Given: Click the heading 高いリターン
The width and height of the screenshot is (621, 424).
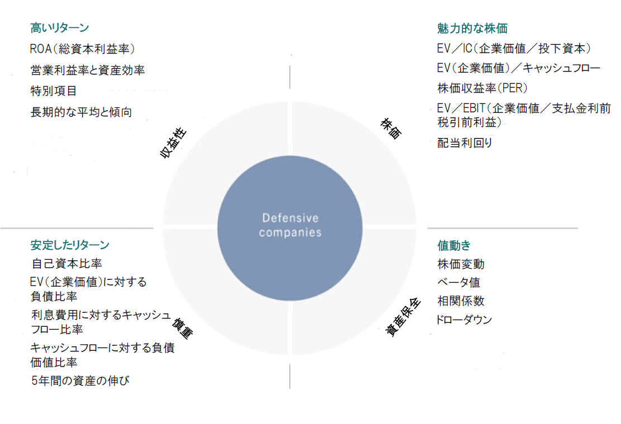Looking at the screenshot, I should click(x=60, y=27).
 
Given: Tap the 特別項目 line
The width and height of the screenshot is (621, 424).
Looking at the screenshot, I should click(x=54, y=90).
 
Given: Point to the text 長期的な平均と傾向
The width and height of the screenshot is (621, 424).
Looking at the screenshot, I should click(x=81, y=112).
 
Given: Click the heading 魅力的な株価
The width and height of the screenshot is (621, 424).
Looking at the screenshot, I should click(x=472, y=28).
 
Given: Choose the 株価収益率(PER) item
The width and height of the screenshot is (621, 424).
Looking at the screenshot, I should click(x=482, y=88).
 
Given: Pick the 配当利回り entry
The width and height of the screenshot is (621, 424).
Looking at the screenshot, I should click(x=465, y=142).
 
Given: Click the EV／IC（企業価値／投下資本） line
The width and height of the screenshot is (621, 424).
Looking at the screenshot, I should click(x=514, y=49).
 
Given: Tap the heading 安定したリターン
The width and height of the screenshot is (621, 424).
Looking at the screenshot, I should click(x=70, y=245).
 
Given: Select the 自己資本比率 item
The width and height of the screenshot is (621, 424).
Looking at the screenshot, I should click(x=66, y=263).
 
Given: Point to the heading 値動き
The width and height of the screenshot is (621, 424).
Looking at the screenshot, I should click(x=454, y=245).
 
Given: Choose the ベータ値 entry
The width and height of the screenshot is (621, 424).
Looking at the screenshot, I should click(x=458, y=282).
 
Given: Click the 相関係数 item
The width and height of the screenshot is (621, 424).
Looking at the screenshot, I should click(x=461, y=301).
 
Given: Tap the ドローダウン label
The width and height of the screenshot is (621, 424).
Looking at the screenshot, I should click(x=464, y=320).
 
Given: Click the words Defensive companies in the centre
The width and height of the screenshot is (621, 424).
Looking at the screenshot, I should click(x=290, y=225).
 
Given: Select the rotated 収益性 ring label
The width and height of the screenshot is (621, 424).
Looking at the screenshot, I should click(x=174, y=144).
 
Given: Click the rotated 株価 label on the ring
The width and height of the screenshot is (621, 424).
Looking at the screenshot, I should click(x=391, y=129).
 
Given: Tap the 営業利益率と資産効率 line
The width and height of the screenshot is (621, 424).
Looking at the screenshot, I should click(x=88, y=70).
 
